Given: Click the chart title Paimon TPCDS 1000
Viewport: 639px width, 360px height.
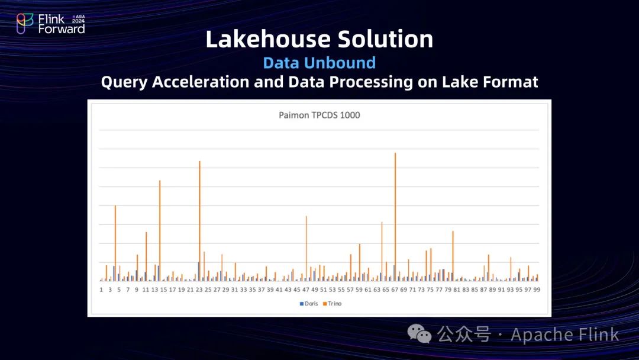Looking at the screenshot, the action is (319, 115).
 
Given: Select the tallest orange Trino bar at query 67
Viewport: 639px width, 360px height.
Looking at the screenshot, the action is (395, 217).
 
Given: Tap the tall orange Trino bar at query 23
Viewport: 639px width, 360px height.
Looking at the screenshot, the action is (200, 221).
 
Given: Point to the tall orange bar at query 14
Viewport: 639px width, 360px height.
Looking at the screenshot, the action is (160, 231).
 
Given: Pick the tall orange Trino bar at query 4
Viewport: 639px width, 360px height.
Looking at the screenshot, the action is (115, 243).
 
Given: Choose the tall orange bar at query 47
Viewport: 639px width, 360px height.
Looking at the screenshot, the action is (306, 249).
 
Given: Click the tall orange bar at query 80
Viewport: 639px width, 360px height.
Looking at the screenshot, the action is (453, 256).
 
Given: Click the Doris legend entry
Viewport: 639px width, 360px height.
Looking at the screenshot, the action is (309, 304).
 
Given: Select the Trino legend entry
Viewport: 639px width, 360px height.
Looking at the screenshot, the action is (332, 304).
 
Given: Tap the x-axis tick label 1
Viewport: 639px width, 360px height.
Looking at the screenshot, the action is (101, 290).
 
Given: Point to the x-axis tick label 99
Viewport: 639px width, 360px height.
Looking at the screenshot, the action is (537, 290).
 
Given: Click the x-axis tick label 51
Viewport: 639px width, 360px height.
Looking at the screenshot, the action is (323, 290).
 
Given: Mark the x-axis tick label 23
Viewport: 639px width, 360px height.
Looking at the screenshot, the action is (199, 290).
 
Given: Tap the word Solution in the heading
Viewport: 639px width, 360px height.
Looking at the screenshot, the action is (386, 39).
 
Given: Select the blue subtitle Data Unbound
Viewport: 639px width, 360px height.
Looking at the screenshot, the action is (319, 63).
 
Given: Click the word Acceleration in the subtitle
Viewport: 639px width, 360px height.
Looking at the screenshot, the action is (201, 82).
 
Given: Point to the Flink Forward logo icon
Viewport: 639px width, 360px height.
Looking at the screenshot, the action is (24, 23).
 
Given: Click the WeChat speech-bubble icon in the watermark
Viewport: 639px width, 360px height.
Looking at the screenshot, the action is (419, 334).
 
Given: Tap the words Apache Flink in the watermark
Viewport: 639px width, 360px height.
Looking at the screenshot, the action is (565, 335).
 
